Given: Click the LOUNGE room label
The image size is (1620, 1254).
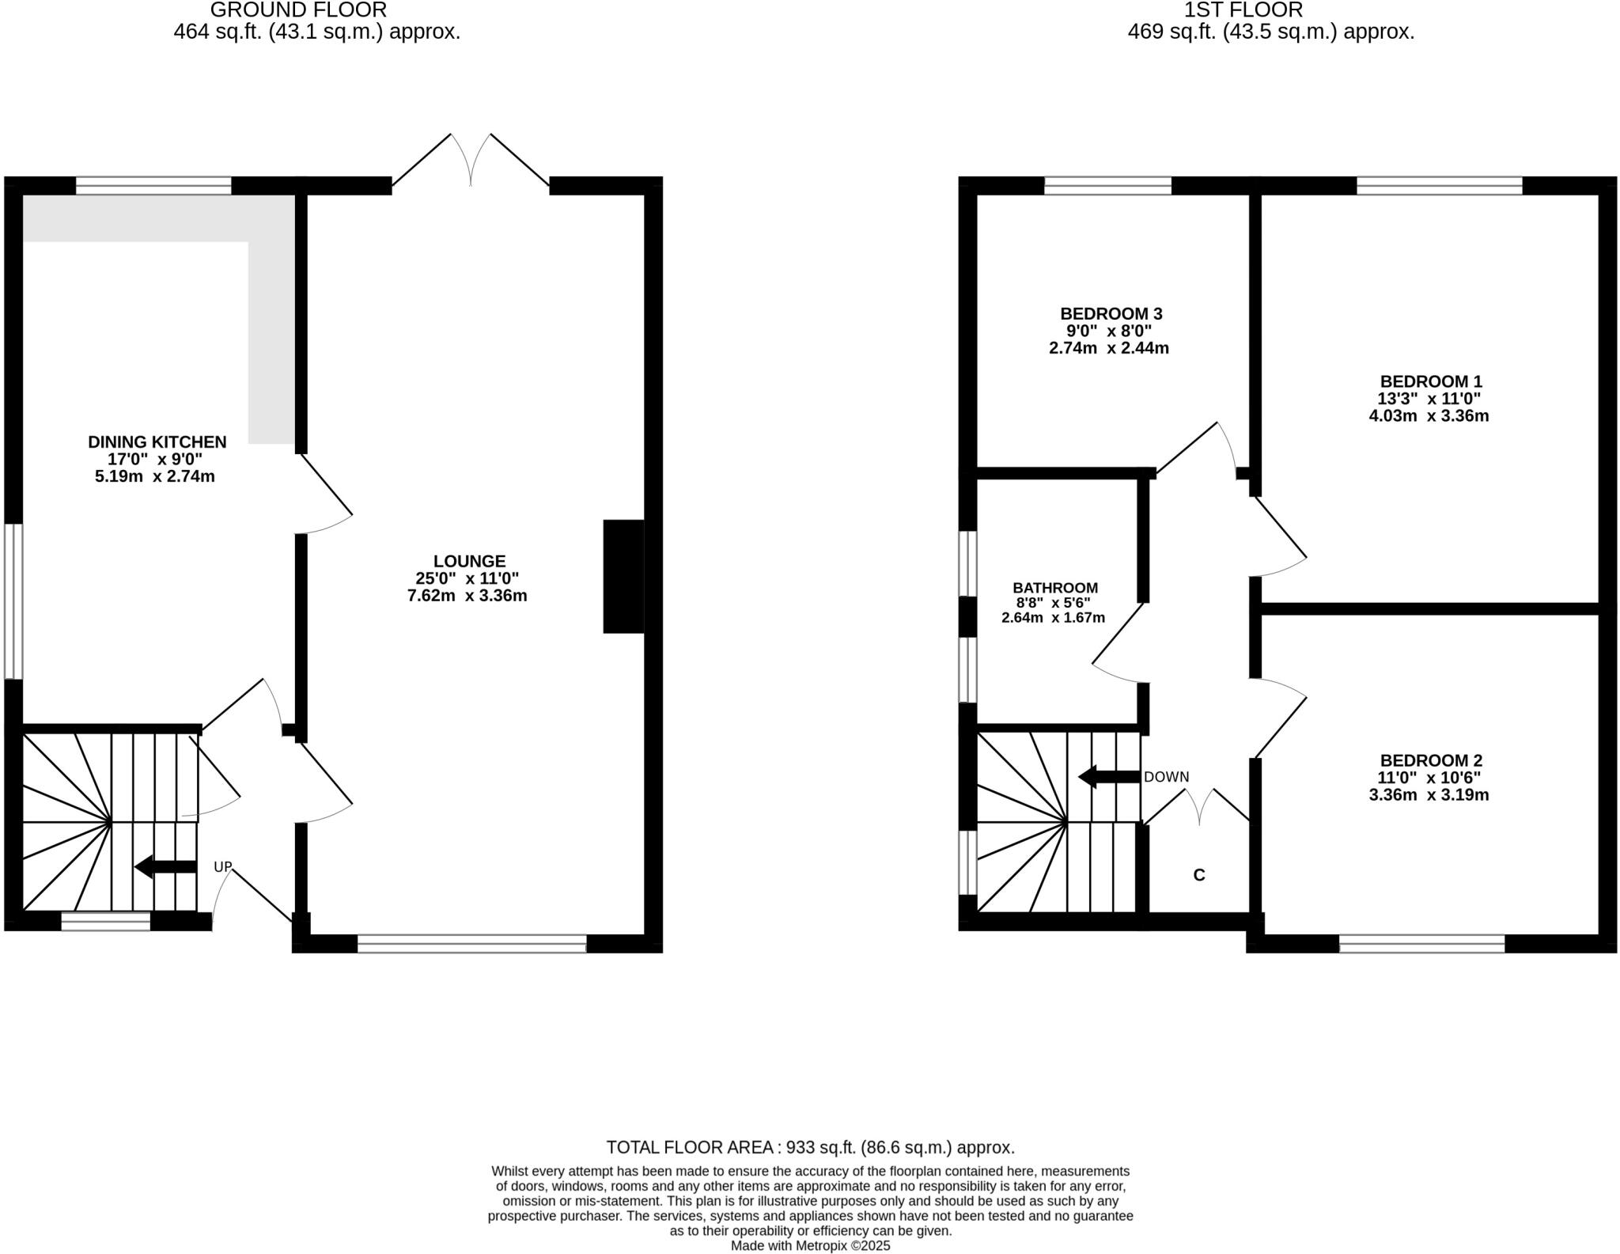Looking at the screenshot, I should point(468,562).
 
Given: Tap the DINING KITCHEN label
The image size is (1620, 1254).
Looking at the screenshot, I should point(157,442).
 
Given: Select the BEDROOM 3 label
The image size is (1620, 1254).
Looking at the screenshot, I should point(1111,314).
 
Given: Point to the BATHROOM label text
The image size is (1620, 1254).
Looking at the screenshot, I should point(1054,588).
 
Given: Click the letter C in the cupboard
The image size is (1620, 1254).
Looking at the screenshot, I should point(1198,875).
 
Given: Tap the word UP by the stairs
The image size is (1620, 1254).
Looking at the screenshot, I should point(222,867).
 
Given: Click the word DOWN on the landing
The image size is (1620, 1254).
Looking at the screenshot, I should point(1166,777).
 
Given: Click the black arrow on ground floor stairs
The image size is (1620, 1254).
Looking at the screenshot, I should point(165,866).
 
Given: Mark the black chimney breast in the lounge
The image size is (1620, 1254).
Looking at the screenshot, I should point(623,576).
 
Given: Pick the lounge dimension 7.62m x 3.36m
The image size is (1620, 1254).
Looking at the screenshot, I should point(467,596).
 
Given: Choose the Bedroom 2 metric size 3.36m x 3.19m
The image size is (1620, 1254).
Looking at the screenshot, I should point(1429,795).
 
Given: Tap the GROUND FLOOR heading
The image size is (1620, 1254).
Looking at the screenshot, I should point(298,10).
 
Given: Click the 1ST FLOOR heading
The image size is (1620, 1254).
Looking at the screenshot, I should point(1243,10).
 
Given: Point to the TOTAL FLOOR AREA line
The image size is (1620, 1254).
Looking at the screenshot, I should point(810,1147).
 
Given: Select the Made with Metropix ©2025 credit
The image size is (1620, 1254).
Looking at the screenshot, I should point(810,1246).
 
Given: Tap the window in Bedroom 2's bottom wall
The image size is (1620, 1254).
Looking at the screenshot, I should point(1421,943).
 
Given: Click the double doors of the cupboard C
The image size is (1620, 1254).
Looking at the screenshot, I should point(1198,807).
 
